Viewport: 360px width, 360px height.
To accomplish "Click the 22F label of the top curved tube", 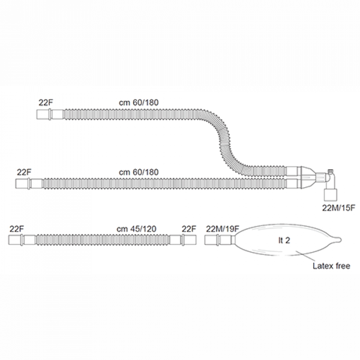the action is [46, 103].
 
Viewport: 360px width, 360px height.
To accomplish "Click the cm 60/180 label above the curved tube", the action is [139, 103].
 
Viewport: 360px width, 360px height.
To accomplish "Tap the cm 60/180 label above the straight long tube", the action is [139, 172].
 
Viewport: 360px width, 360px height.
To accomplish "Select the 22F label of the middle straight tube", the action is [25, 172].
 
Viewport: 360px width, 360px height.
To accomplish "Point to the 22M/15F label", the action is [338, 208].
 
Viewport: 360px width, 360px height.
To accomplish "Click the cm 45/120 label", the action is [136, 229].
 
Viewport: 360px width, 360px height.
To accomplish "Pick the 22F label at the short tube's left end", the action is [17, 229].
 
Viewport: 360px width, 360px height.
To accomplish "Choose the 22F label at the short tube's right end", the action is [189, 229].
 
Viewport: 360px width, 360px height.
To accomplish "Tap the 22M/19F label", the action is [223, 229].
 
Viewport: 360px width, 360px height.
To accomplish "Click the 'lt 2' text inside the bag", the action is [284, 241].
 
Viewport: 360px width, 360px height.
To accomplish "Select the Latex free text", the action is [331, 266].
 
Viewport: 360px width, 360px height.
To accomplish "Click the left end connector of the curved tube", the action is [50, 115].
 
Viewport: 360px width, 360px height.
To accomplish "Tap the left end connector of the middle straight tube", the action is [29, 184].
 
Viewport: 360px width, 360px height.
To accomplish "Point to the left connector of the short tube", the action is [22, 240].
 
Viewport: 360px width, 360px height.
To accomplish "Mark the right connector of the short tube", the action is [183, 240].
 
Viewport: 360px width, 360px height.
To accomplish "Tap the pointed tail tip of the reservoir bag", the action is [341, 240].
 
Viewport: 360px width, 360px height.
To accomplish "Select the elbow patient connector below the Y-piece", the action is [331, 185].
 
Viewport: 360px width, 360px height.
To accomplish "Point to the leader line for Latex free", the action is [305, 256].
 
